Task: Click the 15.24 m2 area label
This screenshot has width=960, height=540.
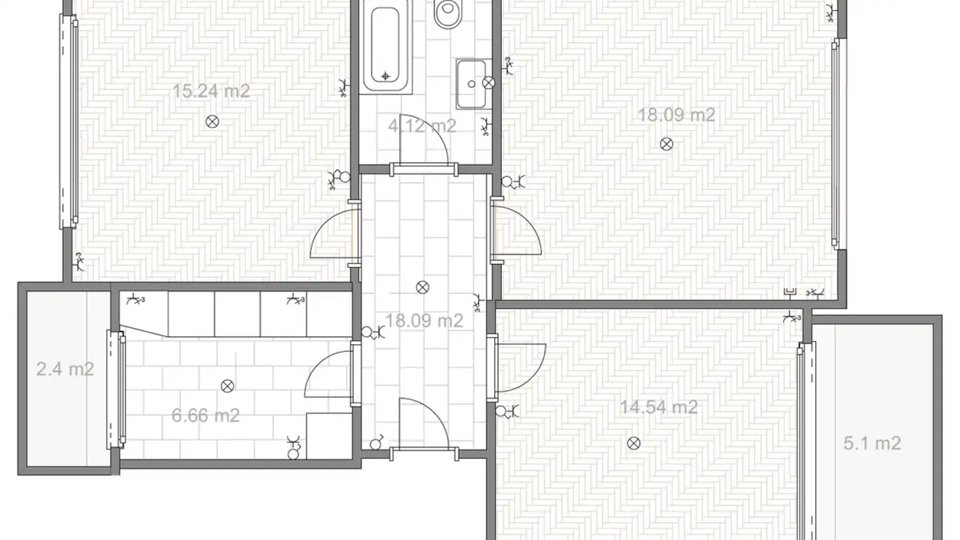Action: coord(211,91)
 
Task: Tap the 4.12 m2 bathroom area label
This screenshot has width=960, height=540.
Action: coord(422,126)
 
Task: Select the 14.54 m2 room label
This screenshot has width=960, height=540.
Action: coord(659,407)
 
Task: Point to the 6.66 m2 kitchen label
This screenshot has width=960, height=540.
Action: coord(205,415)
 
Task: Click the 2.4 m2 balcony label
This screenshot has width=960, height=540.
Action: coord(65,369)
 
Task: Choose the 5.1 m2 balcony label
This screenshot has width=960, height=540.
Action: coord(872,443)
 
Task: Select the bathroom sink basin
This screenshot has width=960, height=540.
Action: coord(471,84)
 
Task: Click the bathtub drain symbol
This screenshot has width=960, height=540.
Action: coord(385,76)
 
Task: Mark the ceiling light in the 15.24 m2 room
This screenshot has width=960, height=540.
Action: coord(212,122)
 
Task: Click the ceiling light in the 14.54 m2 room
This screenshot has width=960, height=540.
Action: coord(634,443)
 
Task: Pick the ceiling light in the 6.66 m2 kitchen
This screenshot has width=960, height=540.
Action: coord(227,386)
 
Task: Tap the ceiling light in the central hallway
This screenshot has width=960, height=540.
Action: coord(423,287)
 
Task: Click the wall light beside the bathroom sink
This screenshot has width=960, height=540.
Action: coord(489,83)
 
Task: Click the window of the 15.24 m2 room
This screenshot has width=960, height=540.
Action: coord(69,121)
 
